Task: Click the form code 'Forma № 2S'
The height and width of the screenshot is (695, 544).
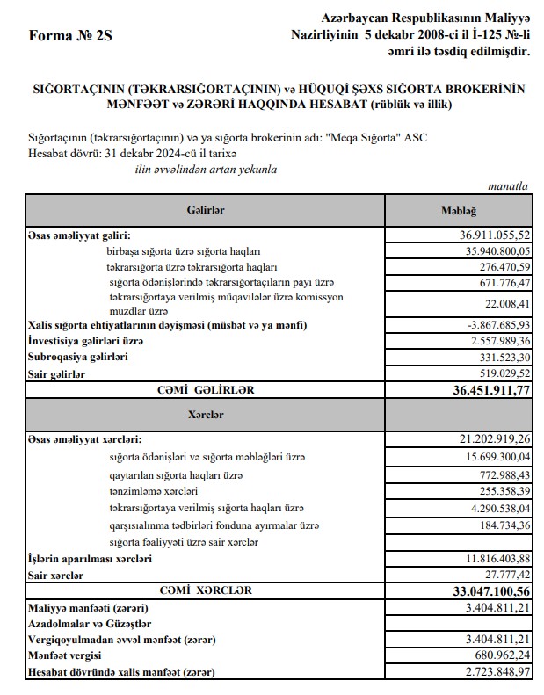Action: point(71,36)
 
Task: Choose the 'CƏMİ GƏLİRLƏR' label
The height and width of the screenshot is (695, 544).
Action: point(207,387)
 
